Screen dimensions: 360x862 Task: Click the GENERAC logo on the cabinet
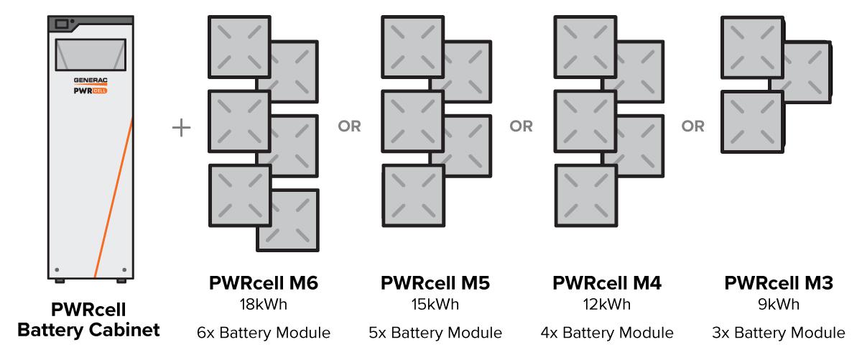(90, 81)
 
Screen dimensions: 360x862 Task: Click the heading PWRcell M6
(263, 284)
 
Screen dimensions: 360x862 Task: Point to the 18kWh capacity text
(263, 304)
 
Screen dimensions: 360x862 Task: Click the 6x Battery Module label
(263, 333)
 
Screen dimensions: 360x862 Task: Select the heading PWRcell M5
(435, 284)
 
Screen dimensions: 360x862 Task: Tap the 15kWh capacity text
(435, 304)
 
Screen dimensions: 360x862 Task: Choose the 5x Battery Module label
(435, 333)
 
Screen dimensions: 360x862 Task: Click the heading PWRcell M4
(607, 284)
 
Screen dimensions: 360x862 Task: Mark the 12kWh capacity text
(607, 304)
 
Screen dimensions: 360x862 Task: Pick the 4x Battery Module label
(607, 333)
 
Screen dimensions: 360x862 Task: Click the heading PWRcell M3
(779, 284)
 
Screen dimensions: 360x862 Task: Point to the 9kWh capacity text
(779, 304)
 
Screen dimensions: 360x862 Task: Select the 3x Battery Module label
(779, 333)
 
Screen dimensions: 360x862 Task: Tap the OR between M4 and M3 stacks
(693, 127)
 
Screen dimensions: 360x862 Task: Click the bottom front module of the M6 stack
(240, 196)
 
